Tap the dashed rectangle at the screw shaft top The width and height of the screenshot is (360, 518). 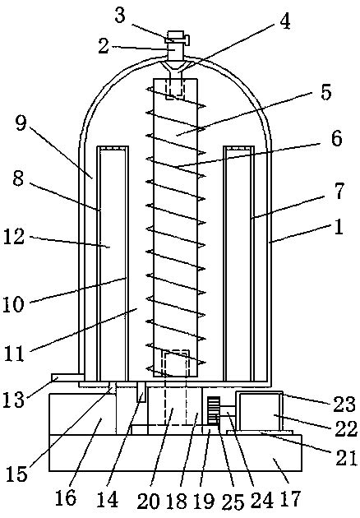pos(175,88)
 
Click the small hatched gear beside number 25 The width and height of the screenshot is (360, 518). pos(215,410)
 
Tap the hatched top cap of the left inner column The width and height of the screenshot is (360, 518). pos(114,150)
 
